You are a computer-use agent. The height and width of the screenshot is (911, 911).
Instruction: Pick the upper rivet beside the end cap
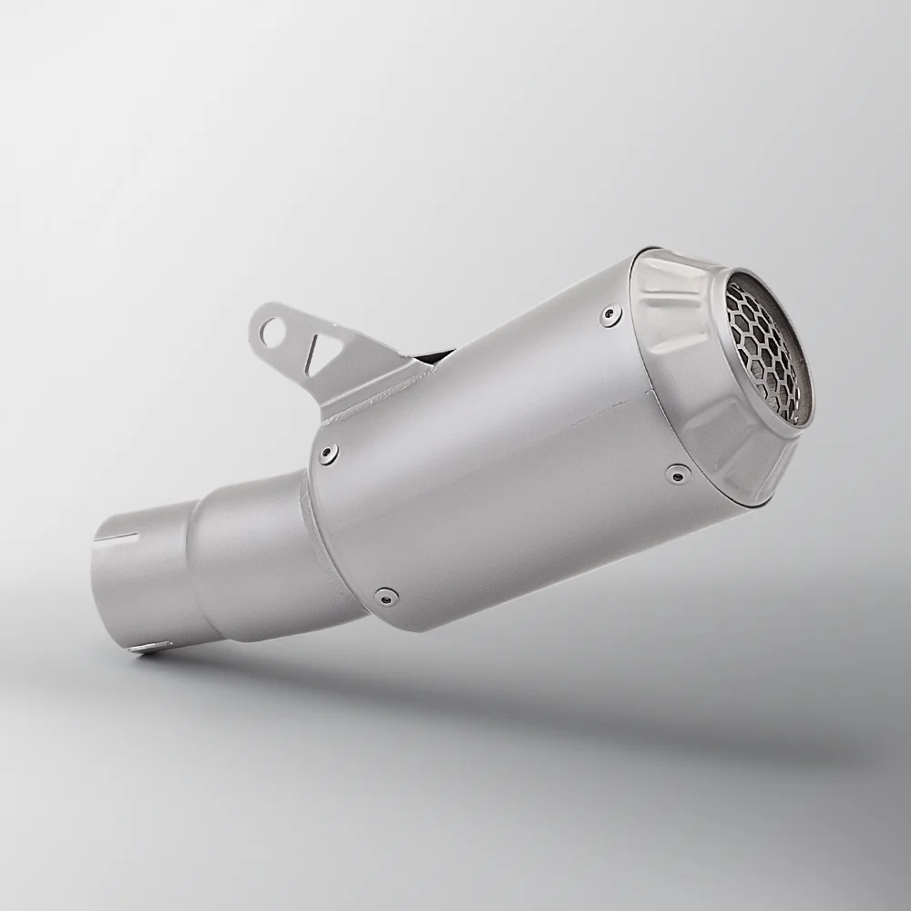609,315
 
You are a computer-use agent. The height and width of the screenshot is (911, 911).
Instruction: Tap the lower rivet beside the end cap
675,472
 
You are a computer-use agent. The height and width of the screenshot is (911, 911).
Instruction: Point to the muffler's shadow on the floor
547,720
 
